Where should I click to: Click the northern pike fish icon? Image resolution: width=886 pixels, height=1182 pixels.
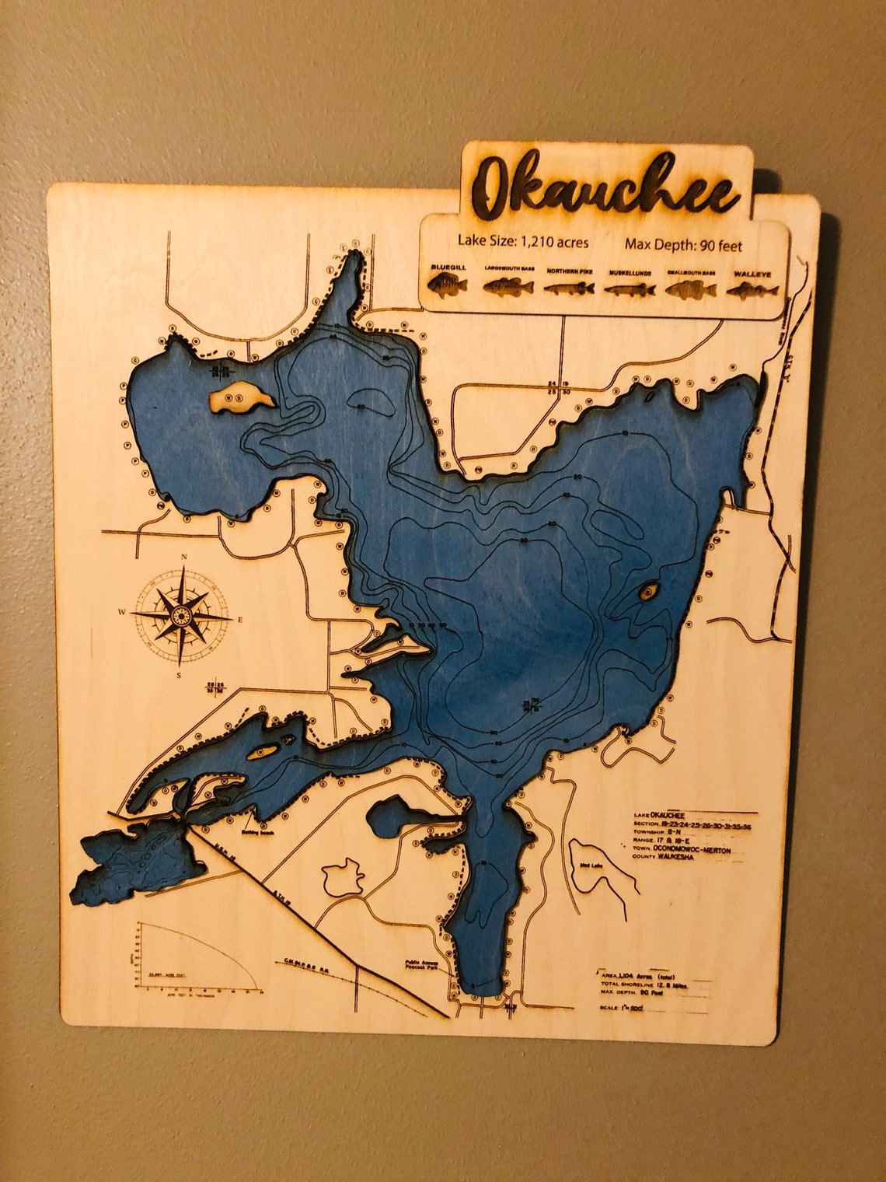click(569, 288)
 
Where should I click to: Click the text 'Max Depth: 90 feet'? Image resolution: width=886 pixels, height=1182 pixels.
click(683, 246)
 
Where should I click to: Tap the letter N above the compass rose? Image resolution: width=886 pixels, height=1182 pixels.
click(184, 557)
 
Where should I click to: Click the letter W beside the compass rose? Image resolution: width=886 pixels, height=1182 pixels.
click(122, 613)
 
